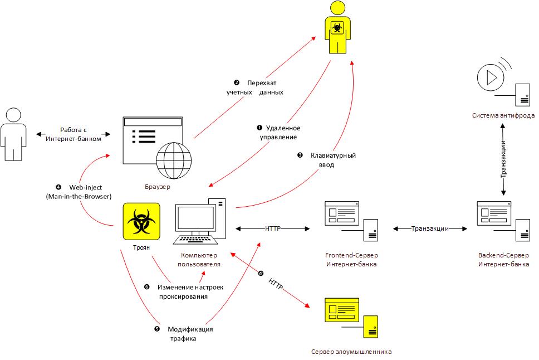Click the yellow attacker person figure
coord(338,28)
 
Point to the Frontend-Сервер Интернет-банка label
coord(351,260)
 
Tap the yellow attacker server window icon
coord(341,312)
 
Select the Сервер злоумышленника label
coord(351,352)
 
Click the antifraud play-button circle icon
coord(491,76)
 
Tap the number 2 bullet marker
coord(236,82)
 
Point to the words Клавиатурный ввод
coord(332,160)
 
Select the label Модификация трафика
coord(190,333)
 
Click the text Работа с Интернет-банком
coord(81,134)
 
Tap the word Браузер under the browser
coord(156,186)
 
